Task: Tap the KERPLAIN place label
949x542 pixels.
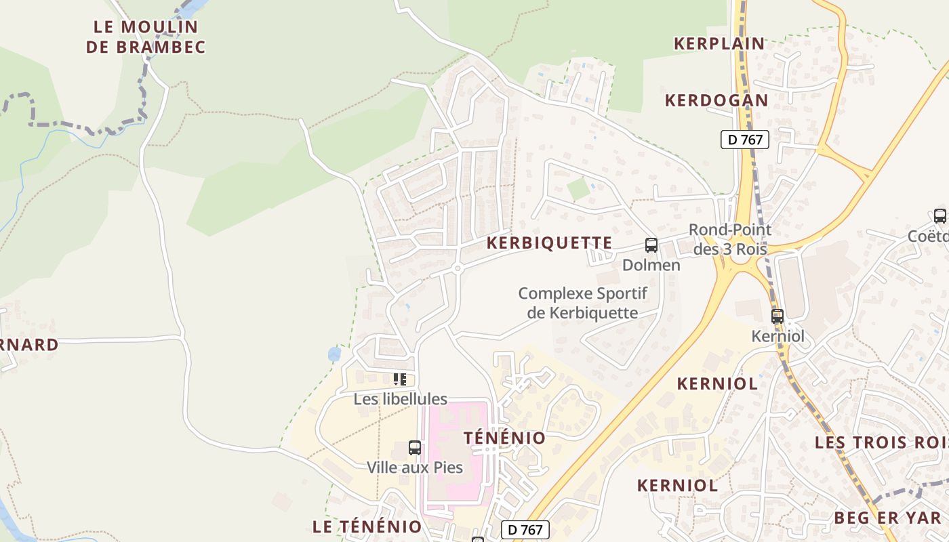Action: point(719,43)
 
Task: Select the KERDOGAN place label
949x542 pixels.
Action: point(716,100)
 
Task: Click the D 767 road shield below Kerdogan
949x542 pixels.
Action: point(745,140)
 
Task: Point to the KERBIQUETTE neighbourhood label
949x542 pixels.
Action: point(550,243)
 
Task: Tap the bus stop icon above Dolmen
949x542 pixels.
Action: point(651,245)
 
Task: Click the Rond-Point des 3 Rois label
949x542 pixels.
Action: point(730,239)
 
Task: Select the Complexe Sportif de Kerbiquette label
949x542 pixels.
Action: point(583,303)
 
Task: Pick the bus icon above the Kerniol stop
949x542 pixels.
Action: point(778,316)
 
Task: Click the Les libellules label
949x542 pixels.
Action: point(401,399)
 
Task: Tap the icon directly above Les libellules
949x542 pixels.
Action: point(400,379)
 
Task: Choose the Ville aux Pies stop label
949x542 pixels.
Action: point(415,467)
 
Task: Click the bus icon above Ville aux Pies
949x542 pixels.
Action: point(415,447)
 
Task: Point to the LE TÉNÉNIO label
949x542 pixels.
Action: point(367,526)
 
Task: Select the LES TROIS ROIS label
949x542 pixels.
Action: point(881,442)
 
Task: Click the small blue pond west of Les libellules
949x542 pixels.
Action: point(334,354)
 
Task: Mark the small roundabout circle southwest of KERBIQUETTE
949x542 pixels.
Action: point(458,268)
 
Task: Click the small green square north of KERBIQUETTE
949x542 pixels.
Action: point(578,188)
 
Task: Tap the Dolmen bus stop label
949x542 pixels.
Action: point(651,265)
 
